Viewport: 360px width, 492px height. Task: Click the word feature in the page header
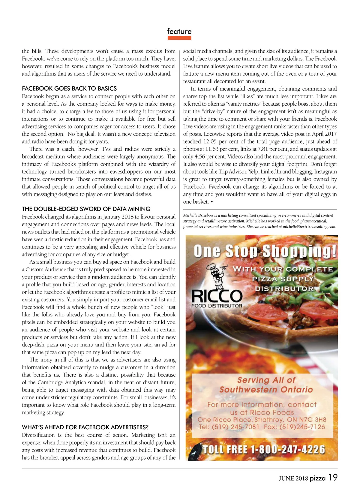pos(179,32)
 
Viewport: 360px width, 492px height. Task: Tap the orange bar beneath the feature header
pos(179,38)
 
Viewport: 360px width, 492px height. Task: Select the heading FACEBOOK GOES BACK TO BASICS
pos(69,89)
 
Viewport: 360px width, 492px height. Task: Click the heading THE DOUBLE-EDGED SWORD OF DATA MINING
pos(86,209)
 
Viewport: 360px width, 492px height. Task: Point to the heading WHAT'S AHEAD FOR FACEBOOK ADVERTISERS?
pos(85,427)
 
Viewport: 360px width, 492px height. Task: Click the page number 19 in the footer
pos(333,478)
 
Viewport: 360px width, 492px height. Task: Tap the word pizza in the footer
pos(318,478)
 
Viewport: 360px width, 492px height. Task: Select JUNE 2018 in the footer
pos(293,478)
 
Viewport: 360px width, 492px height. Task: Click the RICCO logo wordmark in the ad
pos(217,296)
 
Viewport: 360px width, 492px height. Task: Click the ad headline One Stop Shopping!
pos(265,251)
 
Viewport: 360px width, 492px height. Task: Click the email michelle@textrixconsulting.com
pos(309,227)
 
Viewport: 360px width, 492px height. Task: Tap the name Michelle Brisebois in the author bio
pos(198,215)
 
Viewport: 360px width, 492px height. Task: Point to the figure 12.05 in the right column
pos(210,141)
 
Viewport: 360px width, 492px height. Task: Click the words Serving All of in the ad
pos(266,380)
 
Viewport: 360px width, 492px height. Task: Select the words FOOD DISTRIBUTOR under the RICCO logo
pos(217,306)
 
